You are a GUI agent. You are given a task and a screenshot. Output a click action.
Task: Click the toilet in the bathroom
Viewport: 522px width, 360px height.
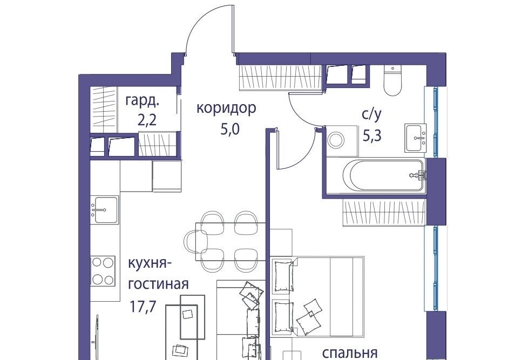393,80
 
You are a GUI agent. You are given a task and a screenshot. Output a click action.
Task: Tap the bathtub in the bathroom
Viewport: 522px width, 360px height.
384,175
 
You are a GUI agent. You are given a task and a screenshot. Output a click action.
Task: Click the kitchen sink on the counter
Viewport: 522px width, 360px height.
104,209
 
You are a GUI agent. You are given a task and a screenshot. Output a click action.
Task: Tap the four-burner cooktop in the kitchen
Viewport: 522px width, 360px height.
103,270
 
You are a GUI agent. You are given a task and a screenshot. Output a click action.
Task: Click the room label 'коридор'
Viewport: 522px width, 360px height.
226,108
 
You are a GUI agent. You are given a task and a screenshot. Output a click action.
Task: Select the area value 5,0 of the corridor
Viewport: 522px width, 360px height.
230,129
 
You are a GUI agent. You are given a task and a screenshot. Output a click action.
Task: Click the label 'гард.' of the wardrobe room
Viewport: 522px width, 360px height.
142,101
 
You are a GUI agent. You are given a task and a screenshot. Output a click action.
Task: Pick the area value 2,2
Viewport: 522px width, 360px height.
147,120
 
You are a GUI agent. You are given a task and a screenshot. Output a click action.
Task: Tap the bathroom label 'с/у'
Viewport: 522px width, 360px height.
371,115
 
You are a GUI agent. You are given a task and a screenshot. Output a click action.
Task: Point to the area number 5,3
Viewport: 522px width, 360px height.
372,135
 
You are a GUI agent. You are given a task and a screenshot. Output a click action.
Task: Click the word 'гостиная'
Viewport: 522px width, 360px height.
159,284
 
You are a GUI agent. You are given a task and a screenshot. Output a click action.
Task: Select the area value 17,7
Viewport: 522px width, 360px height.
143,307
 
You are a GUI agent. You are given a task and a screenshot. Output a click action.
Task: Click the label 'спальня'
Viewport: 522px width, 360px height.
350,352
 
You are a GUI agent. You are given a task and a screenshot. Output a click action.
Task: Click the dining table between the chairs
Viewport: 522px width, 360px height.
231,242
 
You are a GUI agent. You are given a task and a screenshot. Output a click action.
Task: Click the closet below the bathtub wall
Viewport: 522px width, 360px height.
384,213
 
